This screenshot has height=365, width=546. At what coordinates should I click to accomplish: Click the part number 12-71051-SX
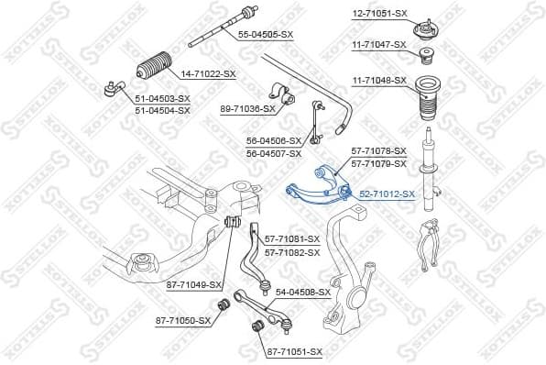point(379,15)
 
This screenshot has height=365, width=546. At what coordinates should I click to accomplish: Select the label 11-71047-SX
point(379,44)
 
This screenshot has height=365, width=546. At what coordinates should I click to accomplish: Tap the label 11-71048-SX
point(379,81)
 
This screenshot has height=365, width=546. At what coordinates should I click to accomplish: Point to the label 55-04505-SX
point(266,34)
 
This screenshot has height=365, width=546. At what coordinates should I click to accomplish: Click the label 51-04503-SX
point(162,98)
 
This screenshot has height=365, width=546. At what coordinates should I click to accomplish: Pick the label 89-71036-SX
point(247,108)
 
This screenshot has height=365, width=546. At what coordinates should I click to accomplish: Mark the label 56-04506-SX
point(273,141)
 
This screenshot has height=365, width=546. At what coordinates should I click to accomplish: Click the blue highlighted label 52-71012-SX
point(387,194)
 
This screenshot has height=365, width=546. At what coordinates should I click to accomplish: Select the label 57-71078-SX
point(379,151)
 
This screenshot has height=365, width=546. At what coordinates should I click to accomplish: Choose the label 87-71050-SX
point(182,320)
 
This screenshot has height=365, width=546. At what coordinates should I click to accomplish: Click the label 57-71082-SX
point(292,252)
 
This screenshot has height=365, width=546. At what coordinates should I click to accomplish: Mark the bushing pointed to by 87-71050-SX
point(222,305)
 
